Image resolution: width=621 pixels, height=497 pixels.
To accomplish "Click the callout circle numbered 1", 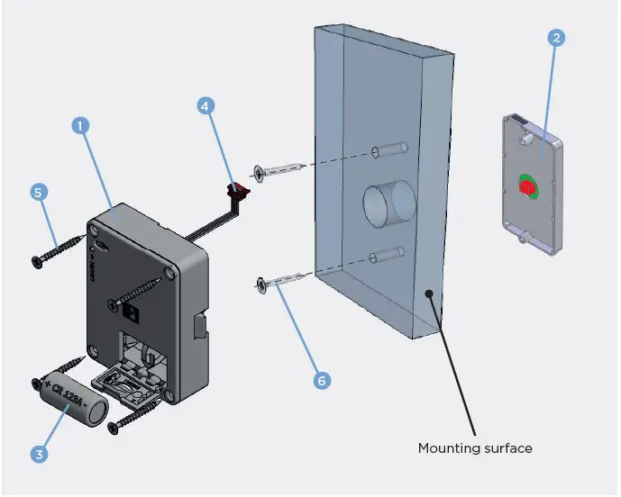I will tap(80, 127).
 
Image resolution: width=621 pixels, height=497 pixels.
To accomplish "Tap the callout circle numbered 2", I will tap(556, 38).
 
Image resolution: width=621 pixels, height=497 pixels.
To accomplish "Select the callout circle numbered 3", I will tap(38, 455).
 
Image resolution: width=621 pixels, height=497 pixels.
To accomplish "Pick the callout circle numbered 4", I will tap(206, 105).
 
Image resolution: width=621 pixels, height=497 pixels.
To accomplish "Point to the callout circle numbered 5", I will tap(38, 192).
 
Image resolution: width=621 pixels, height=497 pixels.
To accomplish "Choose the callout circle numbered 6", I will tap(321, 380).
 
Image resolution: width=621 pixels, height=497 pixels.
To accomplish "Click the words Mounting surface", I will tap(474, 447).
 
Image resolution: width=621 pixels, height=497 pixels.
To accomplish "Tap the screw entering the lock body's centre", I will tap(141, 294).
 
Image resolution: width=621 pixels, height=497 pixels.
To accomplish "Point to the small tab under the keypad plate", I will tap(522, 239).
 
